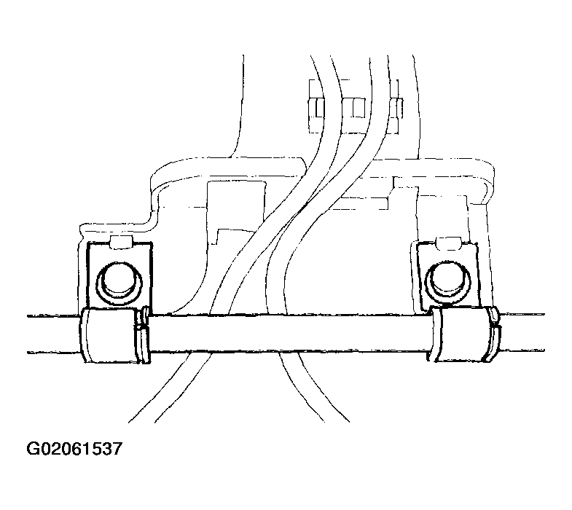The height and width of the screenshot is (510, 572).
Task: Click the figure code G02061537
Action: point(74,448)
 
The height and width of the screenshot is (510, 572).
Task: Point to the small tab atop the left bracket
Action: point(121,242)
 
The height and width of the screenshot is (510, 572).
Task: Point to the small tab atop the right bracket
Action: point(448,243)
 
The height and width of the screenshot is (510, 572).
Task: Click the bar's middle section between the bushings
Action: point(289,333)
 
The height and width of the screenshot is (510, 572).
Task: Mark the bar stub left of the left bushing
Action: point(53,334)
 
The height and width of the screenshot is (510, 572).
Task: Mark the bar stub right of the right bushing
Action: point(522,332)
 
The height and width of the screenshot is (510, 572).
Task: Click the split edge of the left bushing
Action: point(143,335)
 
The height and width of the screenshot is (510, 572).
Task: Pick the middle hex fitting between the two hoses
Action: point(354,108)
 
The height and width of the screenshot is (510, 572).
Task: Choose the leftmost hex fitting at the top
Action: point(316,108)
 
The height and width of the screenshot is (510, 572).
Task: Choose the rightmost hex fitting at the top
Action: point(396,108)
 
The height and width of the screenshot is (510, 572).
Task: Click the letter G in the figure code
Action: point(34,449)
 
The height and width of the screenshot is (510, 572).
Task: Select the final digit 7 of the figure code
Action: point(116,449)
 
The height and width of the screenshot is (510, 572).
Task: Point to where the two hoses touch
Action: point(302,209)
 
